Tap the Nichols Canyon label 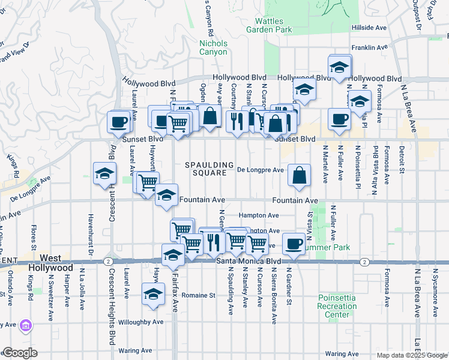(x=214, y=47)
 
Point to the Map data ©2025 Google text (x=412, y=355)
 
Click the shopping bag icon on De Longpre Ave (x=299, y=176)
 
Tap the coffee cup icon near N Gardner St (x=294, y=244)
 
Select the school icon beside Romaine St (x=154, y=294)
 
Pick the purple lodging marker (x=26, y=326)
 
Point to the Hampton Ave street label (x=259, y=215)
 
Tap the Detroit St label (x=403, y=158)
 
